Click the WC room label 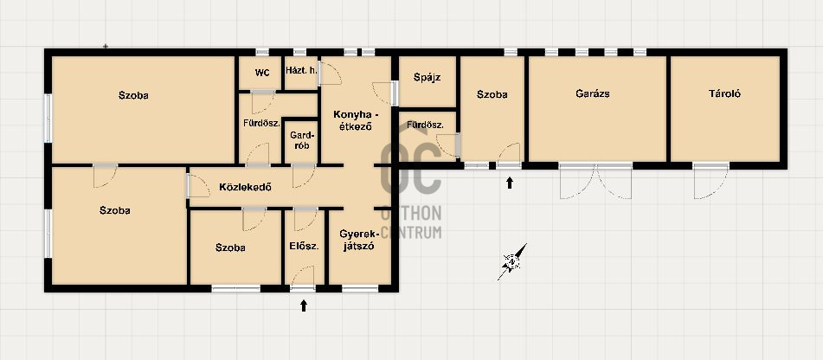point(262,73)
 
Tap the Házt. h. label point(301,70)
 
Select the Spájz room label point(427,78)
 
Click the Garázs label point(593,94)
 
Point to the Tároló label point(724,94)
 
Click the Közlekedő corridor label point(245,186)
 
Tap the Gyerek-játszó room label point(358,240)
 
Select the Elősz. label point(304,246)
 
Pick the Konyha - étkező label point(355,120)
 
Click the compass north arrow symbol point(512,261)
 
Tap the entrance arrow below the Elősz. point(304,305)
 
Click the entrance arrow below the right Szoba point(509,183)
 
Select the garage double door point(595,181)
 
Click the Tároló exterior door point(711,181)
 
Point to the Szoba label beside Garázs point(492,95)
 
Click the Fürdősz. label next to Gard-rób point(261,124)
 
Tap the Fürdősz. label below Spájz point(425,125)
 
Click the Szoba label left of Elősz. point(230,247)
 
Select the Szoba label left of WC point(133,95)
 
